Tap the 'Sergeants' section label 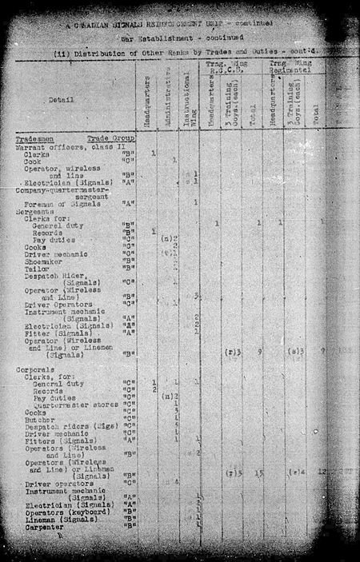point(33,211)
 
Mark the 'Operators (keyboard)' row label point(63,512)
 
